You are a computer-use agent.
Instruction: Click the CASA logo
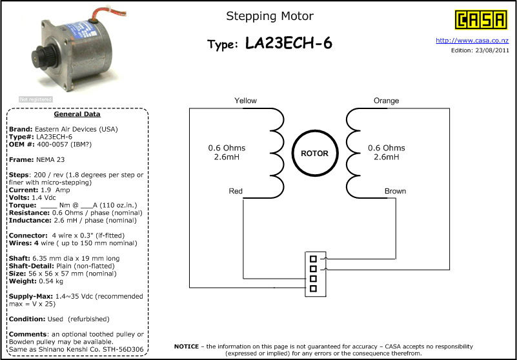[481, 20]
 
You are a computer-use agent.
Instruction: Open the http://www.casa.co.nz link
[472, 41]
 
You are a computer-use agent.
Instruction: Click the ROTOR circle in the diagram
[315, 154]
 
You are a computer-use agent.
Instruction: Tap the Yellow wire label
[245, 101]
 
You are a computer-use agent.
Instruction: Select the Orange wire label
[386, 101]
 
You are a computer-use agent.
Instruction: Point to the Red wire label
[236, 191]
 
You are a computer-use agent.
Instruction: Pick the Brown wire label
[395, 191]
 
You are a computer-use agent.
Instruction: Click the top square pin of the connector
[313, 259]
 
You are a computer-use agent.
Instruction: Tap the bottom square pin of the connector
[313, 288]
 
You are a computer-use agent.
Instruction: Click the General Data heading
[77, 114]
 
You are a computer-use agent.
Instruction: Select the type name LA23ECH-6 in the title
[289, 43]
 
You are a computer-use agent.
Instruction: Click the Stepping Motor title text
[270, 16]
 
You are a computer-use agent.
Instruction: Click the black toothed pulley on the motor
[41, 57]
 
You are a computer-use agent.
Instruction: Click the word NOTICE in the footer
[187, 346]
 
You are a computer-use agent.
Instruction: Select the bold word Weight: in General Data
[23, 281]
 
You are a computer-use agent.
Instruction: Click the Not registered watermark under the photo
[35, 99]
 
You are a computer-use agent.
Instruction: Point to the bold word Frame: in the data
[21, 159]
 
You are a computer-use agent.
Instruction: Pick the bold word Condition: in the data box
[27, 319]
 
